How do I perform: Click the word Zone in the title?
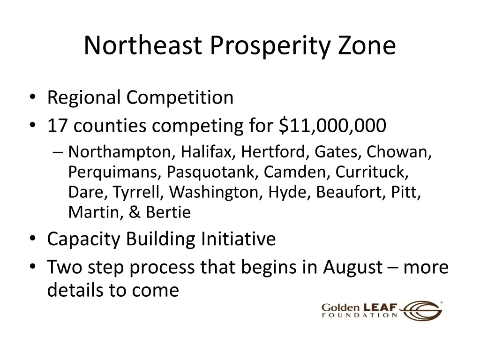(x=367, y=46)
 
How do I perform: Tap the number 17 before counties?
(x=58, y=126)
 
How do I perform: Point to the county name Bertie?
(x=168, y=213)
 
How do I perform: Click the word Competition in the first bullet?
(x=180, y=97)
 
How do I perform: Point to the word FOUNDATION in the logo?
(x=360, y=316)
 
